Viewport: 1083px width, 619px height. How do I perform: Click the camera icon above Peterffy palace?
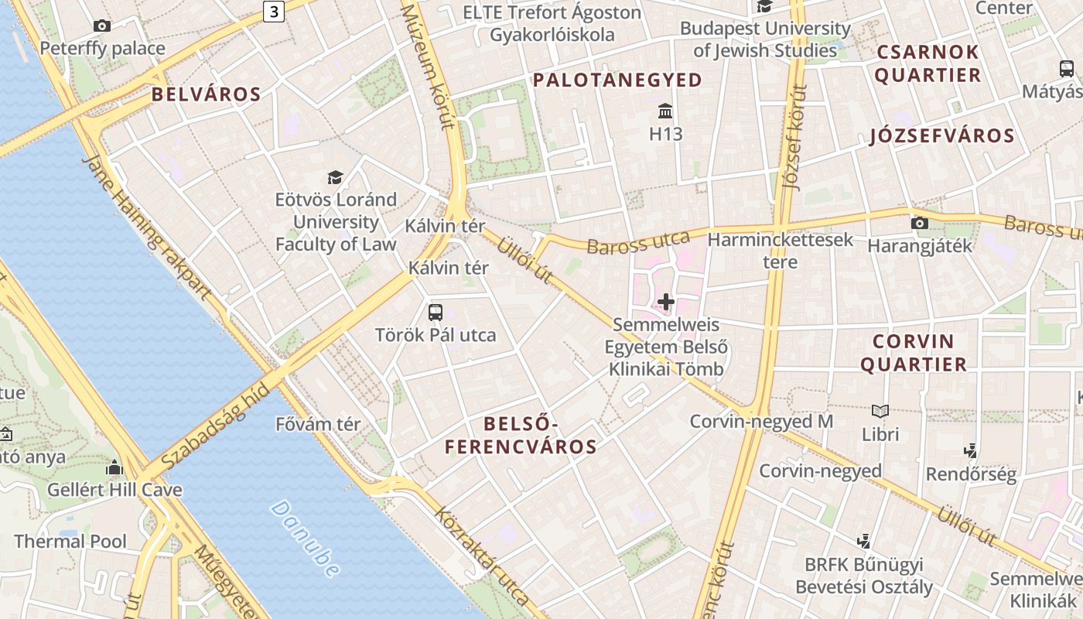(102, 26)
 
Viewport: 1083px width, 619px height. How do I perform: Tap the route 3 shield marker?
(274, 11)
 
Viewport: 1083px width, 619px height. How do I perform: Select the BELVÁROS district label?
(206, 95)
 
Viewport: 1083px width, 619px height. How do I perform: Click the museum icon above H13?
(665, 111)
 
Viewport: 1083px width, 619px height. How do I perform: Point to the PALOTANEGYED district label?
(617, 80)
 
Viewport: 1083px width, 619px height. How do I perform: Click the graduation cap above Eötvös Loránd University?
(335, 177)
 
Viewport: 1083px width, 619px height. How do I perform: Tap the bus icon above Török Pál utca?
(436, 313)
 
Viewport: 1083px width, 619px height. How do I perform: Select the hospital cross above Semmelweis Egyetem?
(665, 302)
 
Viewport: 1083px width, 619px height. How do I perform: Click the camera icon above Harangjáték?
(919, 224)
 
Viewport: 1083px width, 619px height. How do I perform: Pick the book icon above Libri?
(880, 411)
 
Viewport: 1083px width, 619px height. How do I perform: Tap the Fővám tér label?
(318, 424)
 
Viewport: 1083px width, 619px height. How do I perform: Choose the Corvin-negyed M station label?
(761, 422)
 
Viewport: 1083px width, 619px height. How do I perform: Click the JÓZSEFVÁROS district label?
(941, 136)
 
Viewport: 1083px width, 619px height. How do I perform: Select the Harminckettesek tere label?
(780, 250)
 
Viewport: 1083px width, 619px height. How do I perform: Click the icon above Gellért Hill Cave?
(114, 467)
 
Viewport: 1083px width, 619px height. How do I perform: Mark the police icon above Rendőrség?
(970, 450)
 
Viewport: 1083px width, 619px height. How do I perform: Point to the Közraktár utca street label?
(481, 555)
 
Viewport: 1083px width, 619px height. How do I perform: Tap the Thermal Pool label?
(70, 541)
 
